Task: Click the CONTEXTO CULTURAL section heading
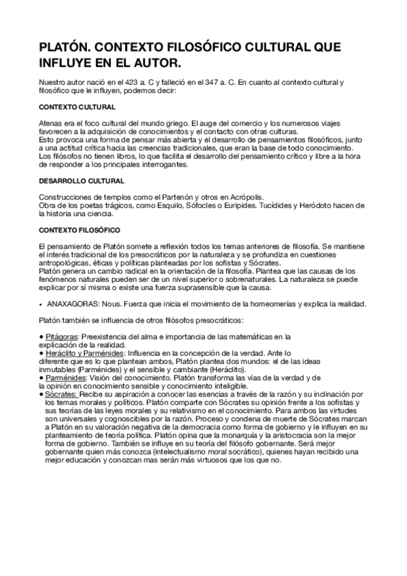(77, 108)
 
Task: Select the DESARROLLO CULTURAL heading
(82, 181)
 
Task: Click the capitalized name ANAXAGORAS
(73, 304)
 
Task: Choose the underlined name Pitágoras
(61, 336)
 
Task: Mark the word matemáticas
(226, 336)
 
